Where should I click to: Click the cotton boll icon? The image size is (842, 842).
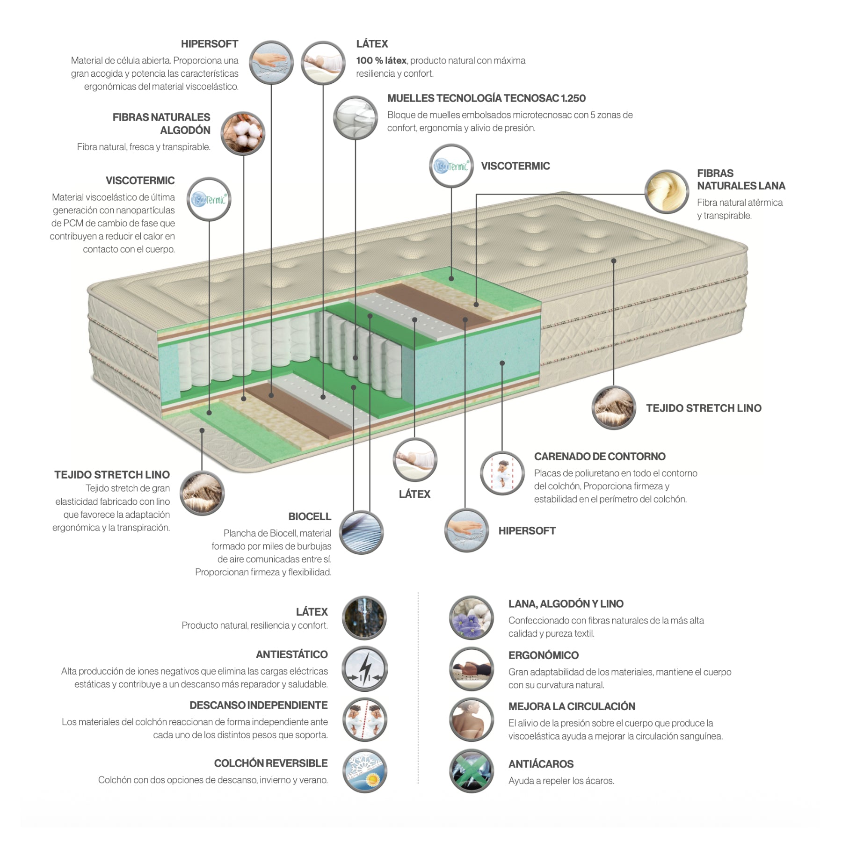pyautogui.click(x=243, y=133)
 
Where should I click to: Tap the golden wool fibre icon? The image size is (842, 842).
pyautogui.click(x=667, y=192)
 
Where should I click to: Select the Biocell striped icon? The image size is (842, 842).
pyautogui.click(x=362, y=532)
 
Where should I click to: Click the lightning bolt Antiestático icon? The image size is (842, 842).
pyautogui.click(x=365, y=669)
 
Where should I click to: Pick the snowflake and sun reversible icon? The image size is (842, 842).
pyautogui.click(x=365, y=770)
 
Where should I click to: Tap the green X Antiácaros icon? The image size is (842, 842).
pyautogui.click(x=472, y=770)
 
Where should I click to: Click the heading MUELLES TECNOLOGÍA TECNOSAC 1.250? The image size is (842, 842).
pyautogui.click(x=486, y=98)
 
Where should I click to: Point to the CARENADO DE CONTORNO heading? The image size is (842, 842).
pyautogui.click(x=600, y=457)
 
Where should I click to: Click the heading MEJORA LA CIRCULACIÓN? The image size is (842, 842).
pyautogui.click(x=572, y=706)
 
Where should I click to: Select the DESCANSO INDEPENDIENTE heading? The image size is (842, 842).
pyautogui.click(x=259, y=705)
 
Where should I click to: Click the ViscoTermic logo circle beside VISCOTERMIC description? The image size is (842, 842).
pyautogui.click(x=209, y=199)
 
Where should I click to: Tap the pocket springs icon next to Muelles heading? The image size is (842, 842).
pyautogui.click(x=356, y=118)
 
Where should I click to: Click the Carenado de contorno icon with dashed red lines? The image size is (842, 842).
pyautogui.click(x=502, y=473)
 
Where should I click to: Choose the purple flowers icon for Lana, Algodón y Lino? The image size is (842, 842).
pyautogui.click(x=472, y=618)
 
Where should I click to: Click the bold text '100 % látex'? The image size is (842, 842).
pyautogui.click(x=381, y=60)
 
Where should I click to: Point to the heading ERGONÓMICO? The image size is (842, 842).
pyautogui.click(x=544, y=655)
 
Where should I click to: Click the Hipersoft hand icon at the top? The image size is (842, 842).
pyautogui.click(x=271, y=63)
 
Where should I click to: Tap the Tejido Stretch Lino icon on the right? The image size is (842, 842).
pyautogui.click(x=614, y=407)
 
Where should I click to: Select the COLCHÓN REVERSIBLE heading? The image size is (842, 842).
pyautogui.click(x=271, y=763)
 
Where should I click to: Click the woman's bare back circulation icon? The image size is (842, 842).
pyautogui.click(x=472, y=719)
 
